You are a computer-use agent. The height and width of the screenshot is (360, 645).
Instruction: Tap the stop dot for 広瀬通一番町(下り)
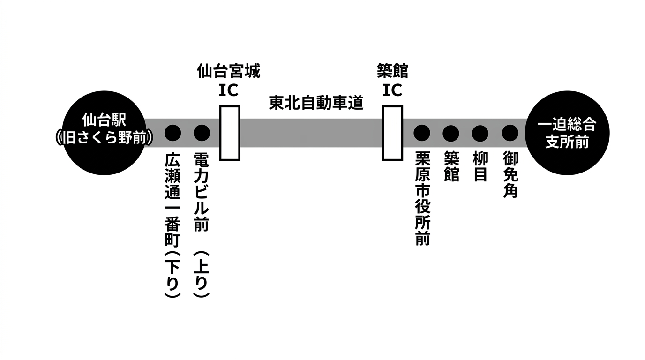[172, 133]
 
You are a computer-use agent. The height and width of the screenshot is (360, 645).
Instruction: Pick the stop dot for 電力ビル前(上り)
[202, 133]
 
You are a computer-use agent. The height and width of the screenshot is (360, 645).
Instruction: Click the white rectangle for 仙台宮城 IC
[230, 133]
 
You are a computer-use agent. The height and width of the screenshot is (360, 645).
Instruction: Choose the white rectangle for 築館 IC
[392, 133]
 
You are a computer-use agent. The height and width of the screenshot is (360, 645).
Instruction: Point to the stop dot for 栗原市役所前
[422, 133]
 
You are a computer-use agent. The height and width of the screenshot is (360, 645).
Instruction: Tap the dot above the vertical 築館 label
[451, 133]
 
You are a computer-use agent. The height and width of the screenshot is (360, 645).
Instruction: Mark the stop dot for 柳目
[480, 133]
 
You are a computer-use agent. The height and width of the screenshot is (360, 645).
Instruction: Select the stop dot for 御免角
[510, 133]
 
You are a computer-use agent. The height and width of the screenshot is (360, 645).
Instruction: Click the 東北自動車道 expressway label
[316, 103]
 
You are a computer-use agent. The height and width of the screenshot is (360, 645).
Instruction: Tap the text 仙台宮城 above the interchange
[228, 72]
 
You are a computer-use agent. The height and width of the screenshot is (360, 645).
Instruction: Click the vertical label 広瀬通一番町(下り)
[172, 225]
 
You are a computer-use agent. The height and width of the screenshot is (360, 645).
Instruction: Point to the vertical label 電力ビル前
[202, 192]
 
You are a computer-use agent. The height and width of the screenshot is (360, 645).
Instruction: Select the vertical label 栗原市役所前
[422, 198]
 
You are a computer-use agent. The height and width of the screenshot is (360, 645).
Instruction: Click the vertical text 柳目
[480, 167]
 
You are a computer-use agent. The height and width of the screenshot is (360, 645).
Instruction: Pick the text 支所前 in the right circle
[567, 142]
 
